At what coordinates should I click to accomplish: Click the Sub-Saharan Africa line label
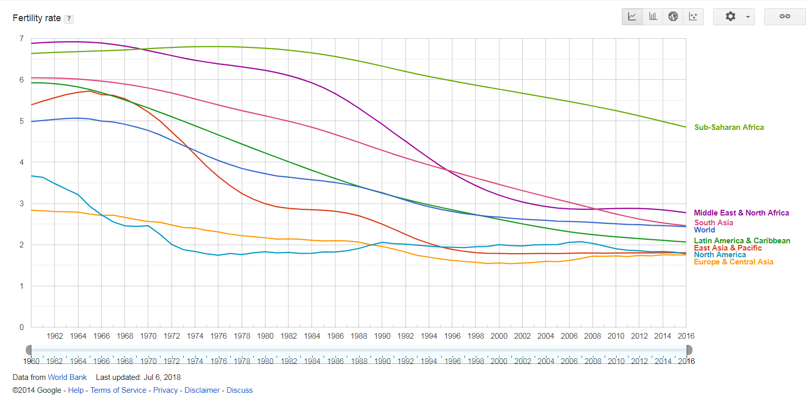[x=729, y=127]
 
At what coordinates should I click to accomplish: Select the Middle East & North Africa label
[x=741, y=213]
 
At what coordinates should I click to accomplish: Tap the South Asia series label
[x=713, y=223]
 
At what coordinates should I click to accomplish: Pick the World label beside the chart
[x=704, y=230]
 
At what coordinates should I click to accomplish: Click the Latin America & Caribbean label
[x=741, y=241]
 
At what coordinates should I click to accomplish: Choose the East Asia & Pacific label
[x=728, y=248]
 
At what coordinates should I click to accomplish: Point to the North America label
[x=719, y=255]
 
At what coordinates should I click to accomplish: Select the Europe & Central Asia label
[x=733, y=262]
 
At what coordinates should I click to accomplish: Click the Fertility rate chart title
[x=37, y=18]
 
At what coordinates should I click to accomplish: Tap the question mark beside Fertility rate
[x=69, y=19]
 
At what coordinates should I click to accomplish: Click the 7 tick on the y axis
[x=21, y=39]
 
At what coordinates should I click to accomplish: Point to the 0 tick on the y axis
[x=21, y=327]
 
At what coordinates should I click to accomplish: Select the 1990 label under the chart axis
[x=382, y=336]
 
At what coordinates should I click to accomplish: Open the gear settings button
[x=733, y=16]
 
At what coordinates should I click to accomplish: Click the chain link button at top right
[x=784, y=16]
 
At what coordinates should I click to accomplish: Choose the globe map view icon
[x=673, y=16]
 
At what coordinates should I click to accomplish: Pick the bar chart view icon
[x=653, y=16]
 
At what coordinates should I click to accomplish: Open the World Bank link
[x=67, y=377]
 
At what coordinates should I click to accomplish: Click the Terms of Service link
[x=118, y=390]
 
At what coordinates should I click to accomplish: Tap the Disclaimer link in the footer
[x=202, y=390]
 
